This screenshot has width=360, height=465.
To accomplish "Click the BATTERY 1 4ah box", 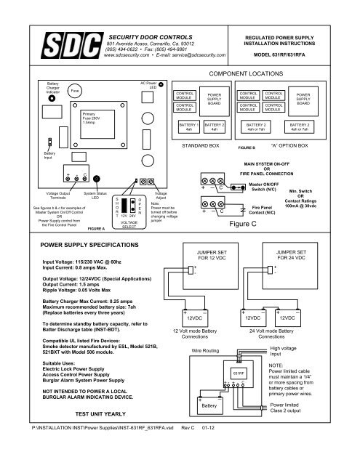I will pyautogui.click(x=188, y=127).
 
